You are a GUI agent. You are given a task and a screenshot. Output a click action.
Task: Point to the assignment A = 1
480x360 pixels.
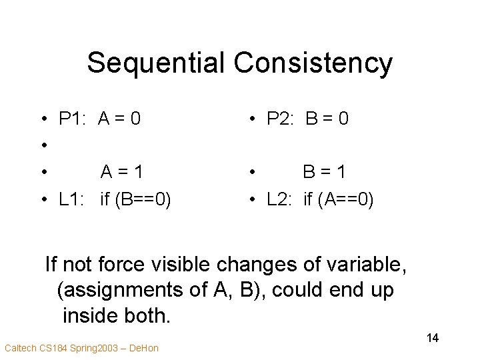[x=121, y=172]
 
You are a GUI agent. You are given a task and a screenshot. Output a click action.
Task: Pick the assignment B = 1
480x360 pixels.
[x=325, y=172]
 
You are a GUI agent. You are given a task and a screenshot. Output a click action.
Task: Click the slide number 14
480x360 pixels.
[x=432, y=338]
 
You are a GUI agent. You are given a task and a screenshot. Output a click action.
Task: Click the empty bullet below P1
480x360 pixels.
[x=42, y=146]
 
